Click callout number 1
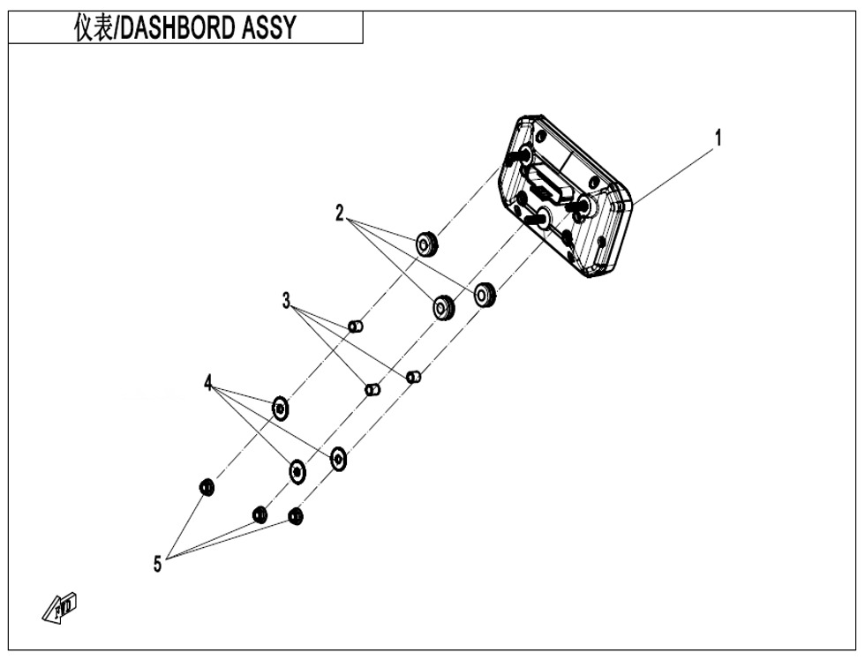pos(718,138)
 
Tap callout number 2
pos(340,213)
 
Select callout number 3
pos(286,301)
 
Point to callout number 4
pos(208,383)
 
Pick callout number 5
pos(158,564)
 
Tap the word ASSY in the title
pos(268,27)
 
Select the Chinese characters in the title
pos(94,27)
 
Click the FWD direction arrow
pos(60,608)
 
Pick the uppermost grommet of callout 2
pos(426,244)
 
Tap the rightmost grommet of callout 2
pos(485,295)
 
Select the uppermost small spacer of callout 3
pos(357,326)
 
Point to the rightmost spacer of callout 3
pos(414,377)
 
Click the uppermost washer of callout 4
pos(281,409)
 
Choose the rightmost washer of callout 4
pos(338,459)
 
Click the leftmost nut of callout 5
pos(207,487)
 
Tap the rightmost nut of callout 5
pos(296,517)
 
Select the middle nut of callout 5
pos(259,515)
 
